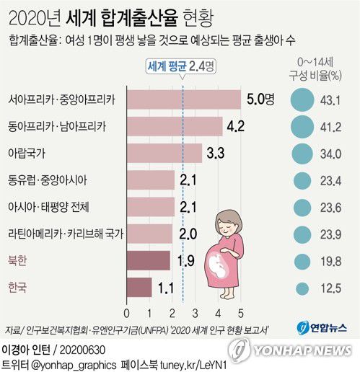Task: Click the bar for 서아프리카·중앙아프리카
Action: pos(183,100)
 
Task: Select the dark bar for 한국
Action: pos(139,288)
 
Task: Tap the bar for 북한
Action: pos(149,260)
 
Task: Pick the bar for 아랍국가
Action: pos(164,154)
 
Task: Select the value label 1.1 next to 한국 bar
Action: pos(167,288)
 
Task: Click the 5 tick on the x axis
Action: pos(240,313)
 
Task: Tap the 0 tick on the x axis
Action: pos(127,313)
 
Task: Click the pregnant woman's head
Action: pos(232,221)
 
